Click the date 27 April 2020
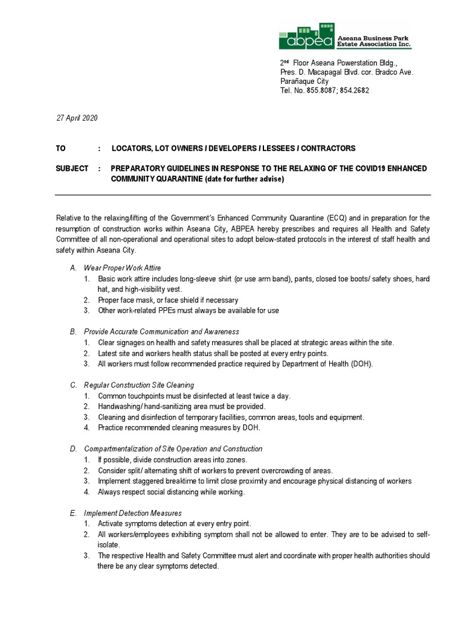click(x=76, y=118)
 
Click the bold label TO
click(x=61, y=148)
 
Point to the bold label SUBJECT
click(x=72, y=168)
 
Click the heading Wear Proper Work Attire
click(x=122, y=267)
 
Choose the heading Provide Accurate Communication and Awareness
click(x=161, y=331)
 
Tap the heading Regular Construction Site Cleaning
click(x=139, y=384)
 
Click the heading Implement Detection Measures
click(x=132, y=512)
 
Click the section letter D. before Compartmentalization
click(x=72, y=448)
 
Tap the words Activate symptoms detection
click(x=143, y=523)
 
